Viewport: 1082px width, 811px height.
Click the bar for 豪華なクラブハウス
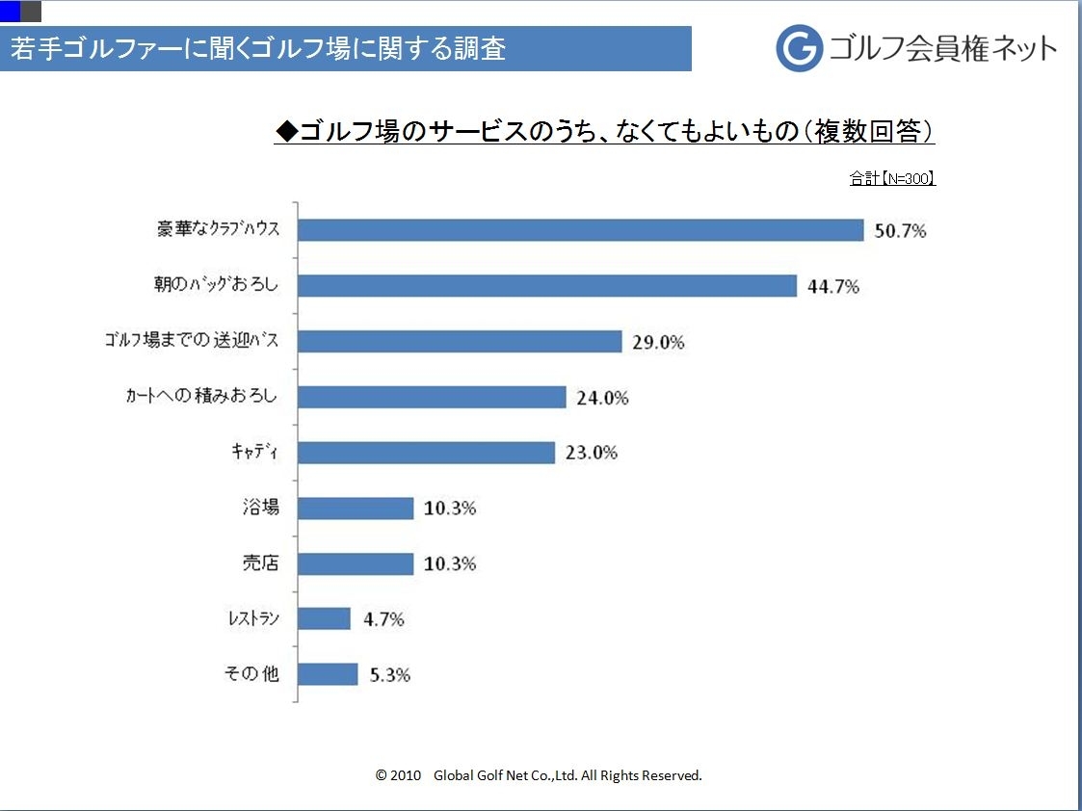click(581, 230)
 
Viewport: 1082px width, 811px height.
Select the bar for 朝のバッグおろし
click(547, 286)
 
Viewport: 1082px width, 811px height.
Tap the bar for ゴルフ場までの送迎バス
click(460, 342)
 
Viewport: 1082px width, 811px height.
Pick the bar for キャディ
click(427, 453)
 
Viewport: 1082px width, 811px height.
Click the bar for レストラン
click(325, 618)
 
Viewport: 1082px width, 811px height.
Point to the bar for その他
click(329, 674)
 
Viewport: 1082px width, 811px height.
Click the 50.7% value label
click(900, 231)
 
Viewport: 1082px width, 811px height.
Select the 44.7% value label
click(833, 287)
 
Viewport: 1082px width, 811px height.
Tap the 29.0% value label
click(658, 342)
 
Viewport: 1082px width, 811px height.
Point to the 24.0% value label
click(602, 398)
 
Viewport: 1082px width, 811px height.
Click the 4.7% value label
click(383, 619)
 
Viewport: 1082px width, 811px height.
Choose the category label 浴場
click(260, 508)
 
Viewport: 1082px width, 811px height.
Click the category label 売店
click(260, 563)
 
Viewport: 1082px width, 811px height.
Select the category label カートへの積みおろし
click(202, 397)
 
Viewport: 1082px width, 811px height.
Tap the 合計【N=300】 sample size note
click(892, 178)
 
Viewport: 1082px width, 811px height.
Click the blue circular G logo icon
click(800, 48)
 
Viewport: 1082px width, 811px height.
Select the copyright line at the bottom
click(539, 775)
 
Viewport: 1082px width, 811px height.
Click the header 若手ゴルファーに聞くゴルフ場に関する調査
click(258, 49)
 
